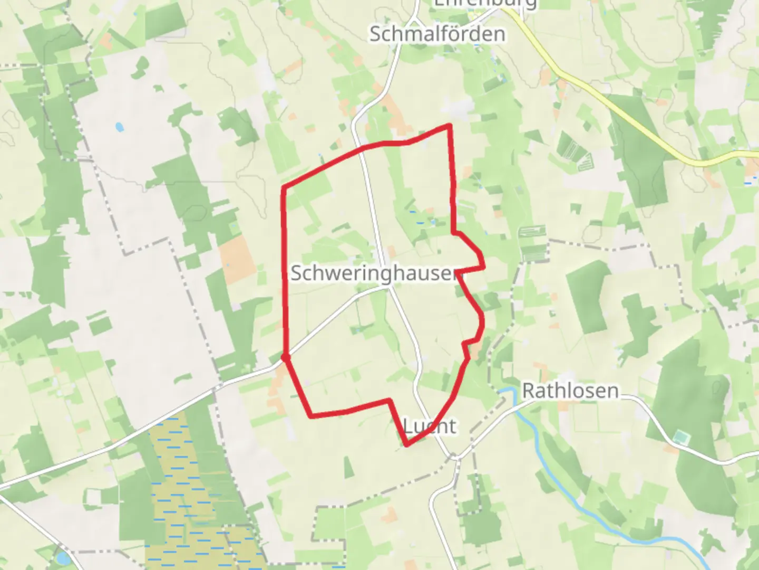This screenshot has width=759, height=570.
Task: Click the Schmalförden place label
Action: tap(437, 34)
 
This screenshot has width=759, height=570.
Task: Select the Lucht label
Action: tap(430, 425)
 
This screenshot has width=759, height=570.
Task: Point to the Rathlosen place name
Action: tap(570, 391)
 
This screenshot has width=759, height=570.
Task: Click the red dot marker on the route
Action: tap(286, 358)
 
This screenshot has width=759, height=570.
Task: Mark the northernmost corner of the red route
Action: tap(449, 125)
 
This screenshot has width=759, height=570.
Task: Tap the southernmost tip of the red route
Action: tap(406, 445)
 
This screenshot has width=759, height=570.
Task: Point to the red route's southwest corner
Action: tap(310, 416)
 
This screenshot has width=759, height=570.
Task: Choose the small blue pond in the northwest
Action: tap(120, 127)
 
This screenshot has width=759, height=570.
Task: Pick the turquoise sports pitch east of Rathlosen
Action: tap(681, 438)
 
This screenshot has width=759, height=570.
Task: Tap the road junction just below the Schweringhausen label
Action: tap(390, 288)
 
